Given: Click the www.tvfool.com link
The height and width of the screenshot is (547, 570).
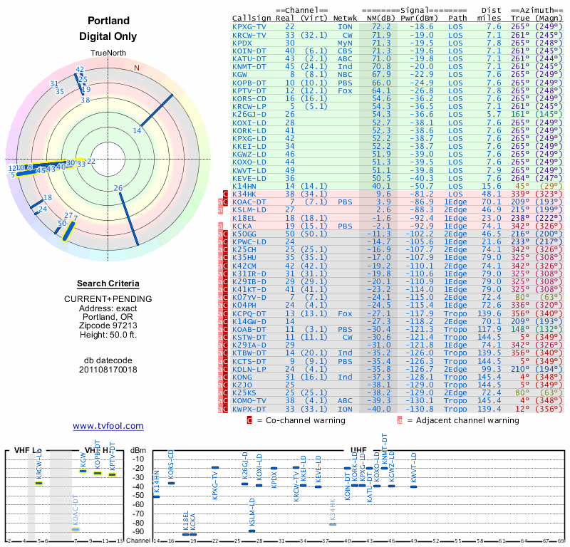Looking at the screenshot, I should tap(108, 426).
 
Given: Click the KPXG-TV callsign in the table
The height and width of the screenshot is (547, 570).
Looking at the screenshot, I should tap(249, 26).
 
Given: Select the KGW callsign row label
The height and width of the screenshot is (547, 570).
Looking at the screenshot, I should tap(240, 74).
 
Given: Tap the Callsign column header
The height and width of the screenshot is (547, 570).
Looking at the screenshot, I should tap(252, 18).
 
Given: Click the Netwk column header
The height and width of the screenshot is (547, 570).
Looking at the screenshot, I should tap(346, 18).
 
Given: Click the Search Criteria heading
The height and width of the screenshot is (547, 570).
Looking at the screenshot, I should tap(108, 283).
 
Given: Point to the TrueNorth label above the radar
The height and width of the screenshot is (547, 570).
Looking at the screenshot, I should tap(108, 53).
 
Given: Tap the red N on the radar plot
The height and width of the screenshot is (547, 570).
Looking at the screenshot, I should tap(137, 68).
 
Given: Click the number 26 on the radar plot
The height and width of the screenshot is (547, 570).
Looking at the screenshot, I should tap(118, 188).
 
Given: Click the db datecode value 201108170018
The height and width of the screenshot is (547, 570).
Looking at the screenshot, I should tap(108, 370).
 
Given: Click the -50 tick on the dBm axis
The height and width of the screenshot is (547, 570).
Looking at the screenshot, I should tap(139, 495).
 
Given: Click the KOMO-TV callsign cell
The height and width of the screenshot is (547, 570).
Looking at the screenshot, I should tap(249, 400).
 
